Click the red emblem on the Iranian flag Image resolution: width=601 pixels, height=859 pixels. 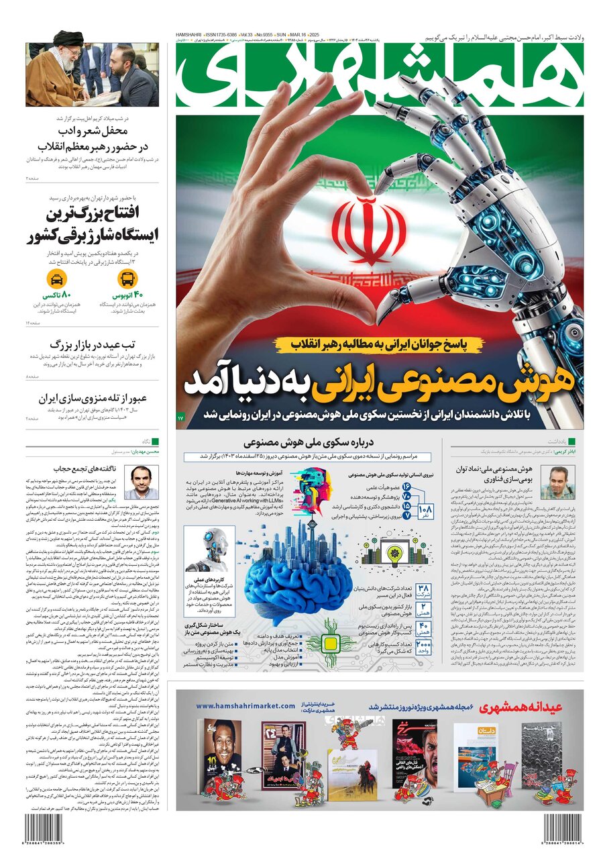pos(369,232)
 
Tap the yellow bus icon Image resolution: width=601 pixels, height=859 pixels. pos(127,279)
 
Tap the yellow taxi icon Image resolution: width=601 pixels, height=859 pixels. pos(57,279)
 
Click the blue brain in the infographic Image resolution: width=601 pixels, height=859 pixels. pos(293,579)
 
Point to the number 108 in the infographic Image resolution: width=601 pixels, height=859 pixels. pos(425,511)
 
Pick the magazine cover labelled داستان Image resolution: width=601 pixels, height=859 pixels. pos(476,754)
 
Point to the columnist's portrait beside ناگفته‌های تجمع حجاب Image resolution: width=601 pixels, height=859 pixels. pos(141,483)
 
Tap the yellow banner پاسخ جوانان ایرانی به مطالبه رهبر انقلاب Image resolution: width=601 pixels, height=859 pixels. pos(377,344)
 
